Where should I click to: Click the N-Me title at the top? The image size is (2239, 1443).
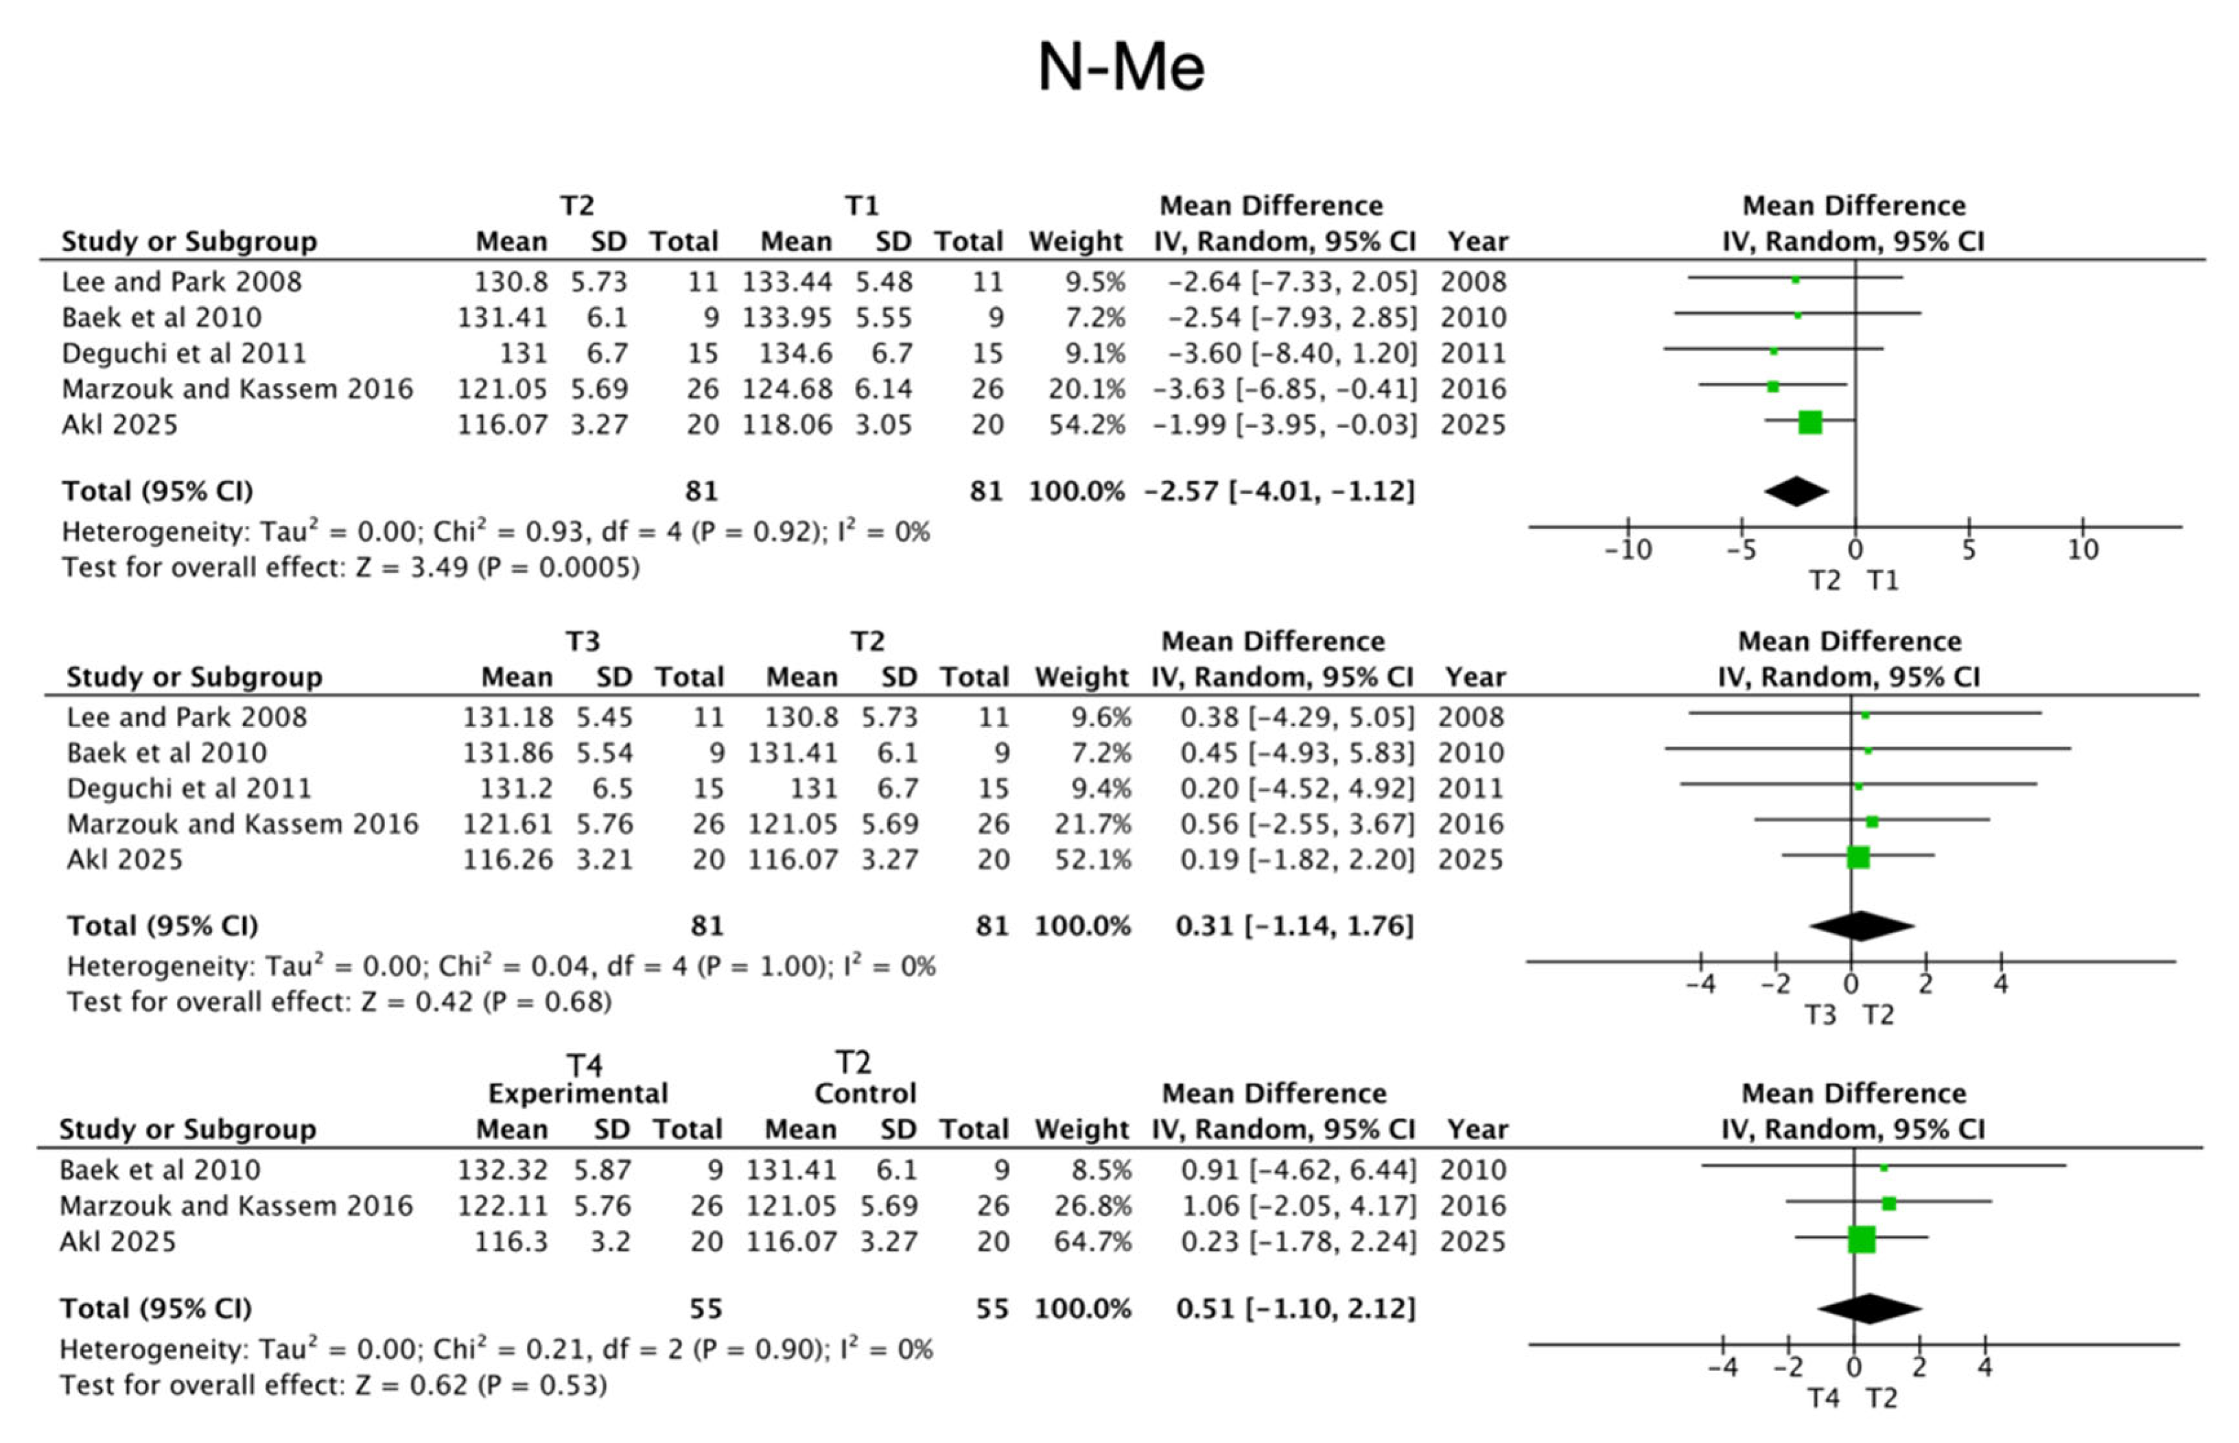tap(1121, 67)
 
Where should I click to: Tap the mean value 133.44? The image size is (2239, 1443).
tap(787, 281)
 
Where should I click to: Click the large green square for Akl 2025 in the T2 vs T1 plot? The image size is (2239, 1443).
tap(1810, 423)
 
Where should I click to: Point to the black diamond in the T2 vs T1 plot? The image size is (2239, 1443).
tap(1796, 491)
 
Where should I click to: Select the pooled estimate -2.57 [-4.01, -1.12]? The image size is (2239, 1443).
tap(1279, 491)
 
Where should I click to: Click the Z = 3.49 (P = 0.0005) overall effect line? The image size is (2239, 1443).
tap(351, 568)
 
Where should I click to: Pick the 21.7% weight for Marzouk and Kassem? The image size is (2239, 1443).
tap(1092, 823)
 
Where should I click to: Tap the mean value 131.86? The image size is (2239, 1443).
tap(508, 753)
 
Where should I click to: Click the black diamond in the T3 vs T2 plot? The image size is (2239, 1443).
tap(1862, 926)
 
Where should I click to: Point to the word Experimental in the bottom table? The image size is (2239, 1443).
tap(578, 1094)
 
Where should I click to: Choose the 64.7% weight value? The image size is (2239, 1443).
tap(1092, 1241)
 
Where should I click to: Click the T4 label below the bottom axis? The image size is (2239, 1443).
tap(1823, 1398)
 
